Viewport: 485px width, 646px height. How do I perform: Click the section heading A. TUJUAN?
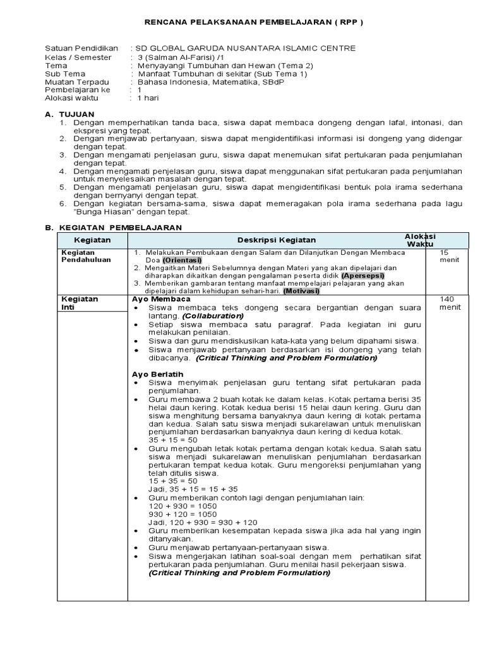pos(69,114)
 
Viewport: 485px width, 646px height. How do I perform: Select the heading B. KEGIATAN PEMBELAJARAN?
pos(114,227)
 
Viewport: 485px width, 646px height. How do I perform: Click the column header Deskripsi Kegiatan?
pos(277,240)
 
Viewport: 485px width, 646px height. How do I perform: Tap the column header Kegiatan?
pos(92,240)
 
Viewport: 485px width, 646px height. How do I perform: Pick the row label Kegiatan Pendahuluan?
pos(85,255)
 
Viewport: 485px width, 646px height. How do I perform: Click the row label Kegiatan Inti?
pos(79,303)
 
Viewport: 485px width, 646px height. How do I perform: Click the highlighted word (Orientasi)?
pos(182,260)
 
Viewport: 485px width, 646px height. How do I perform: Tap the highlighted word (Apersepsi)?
pos(362,276)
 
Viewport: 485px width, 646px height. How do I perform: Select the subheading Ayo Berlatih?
pos(157,374)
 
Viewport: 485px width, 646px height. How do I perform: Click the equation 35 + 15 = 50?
pos(173,440)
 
